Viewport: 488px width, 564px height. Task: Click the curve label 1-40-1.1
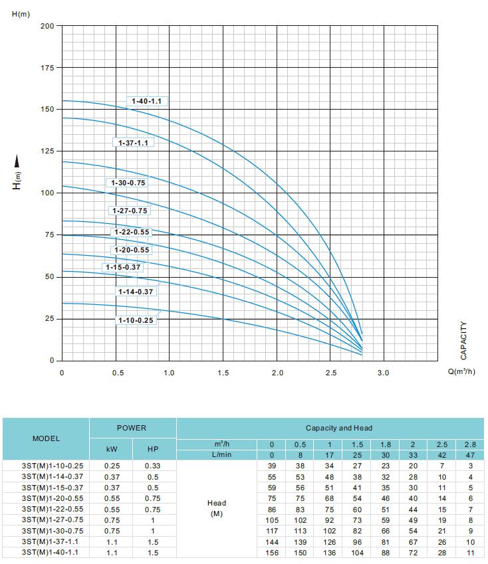tap(146, 102)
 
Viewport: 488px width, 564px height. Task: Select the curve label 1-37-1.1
tap(132, 143)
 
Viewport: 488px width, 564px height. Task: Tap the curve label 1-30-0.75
tap(126, 183)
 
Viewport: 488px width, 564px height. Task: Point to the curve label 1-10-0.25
tap(136, 320)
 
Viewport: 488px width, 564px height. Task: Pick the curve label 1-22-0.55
tap(132, 233)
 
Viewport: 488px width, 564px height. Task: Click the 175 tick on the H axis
tap(46, 68)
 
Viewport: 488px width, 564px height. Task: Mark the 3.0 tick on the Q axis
tap(384, 373)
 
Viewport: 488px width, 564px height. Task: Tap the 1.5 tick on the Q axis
tap(223, 373)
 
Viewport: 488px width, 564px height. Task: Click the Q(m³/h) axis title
tap(461, 372)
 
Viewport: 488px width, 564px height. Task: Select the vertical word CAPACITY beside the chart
tap(463, 341)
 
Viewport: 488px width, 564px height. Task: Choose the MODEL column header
tap(46, 438)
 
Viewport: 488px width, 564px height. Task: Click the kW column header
tap(112, 449)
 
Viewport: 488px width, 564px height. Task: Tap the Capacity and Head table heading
tap(339, 428)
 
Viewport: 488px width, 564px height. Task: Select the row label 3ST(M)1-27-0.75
tap(46, 519)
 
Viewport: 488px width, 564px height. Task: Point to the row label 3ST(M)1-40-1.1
tap(46, 552)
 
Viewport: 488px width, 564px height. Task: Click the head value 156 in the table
tap(271, 552)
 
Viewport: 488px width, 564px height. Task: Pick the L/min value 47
tap(471, 455)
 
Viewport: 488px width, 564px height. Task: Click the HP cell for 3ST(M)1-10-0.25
tap(153, 466)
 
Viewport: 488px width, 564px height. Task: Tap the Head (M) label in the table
tap(216, 509)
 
